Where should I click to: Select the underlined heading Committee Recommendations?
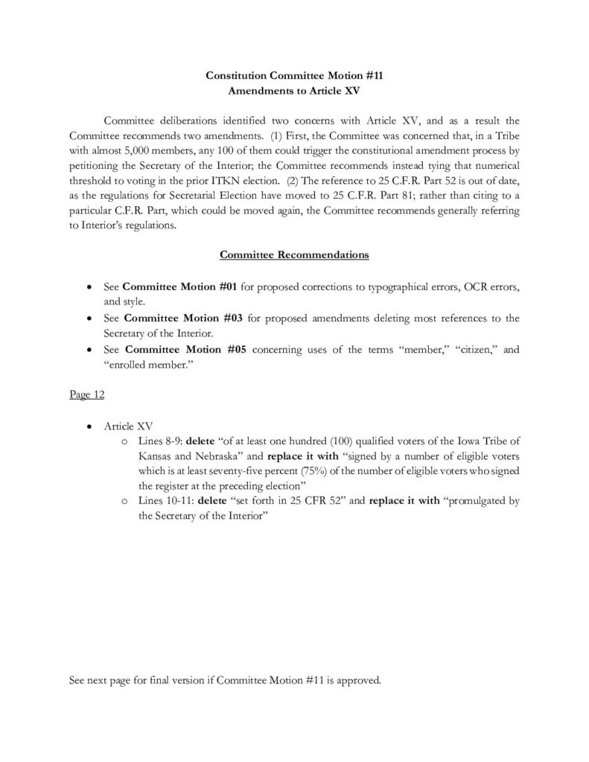[x=294, y=254]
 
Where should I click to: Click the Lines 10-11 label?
[x=164, y=501]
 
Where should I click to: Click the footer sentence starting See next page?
[x=224, y=679]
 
